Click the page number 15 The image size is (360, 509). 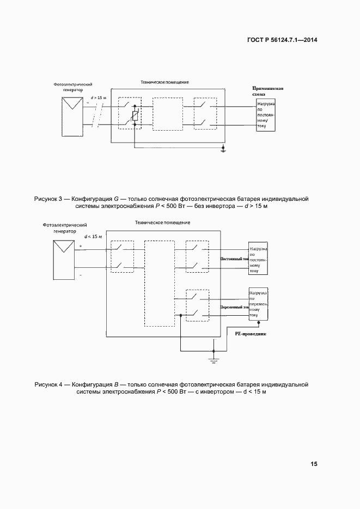point(314,464)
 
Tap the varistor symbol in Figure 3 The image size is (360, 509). point(135,115)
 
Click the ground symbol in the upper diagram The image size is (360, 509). point(223,150)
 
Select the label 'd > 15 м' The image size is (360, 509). point(98,97)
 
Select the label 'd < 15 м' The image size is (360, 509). point(93,236)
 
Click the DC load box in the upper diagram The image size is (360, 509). point(266,114)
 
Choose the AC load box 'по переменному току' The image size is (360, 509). point(258,304)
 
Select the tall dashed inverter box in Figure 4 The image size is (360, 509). point(158,283)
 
